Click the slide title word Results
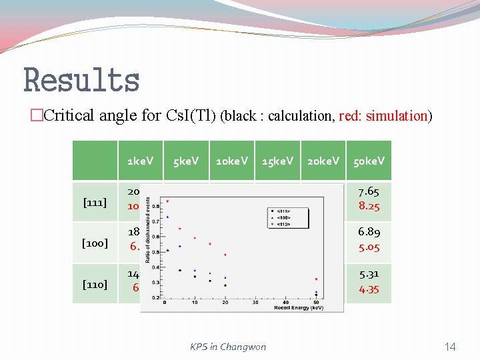pyautogui.click(x=81, y=80)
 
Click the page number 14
pyautogui.click(x=450, y=346)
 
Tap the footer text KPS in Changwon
pyautogui.click(x=227, y=346)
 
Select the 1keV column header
pyautogui.click(x=140, y=161)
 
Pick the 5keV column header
pyautogui.click(x=186, y=161)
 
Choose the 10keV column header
pyautogui.click(x=231, y=161)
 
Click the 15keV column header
pyautogui.click(x=277, y=161)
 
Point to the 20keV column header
pyautogui.click(x=323, y=161)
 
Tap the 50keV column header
pyautogui.click(x=369, y=161)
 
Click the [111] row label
pyautogui.click(x=95, y=202)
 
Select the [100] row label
pyautogui.click(x=95, y=243)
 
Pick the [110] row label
pyautogui.click(x=95, y=285)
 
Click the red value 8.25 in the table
pyautogui.click(x=369, y=207)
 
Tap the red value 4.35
pyautogui.click(x=369, y=289)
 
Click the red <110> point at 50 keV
pyautogui.click(x=315, y=279)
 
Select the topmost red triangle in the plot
pyautogui.click(x=167, y=201)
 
